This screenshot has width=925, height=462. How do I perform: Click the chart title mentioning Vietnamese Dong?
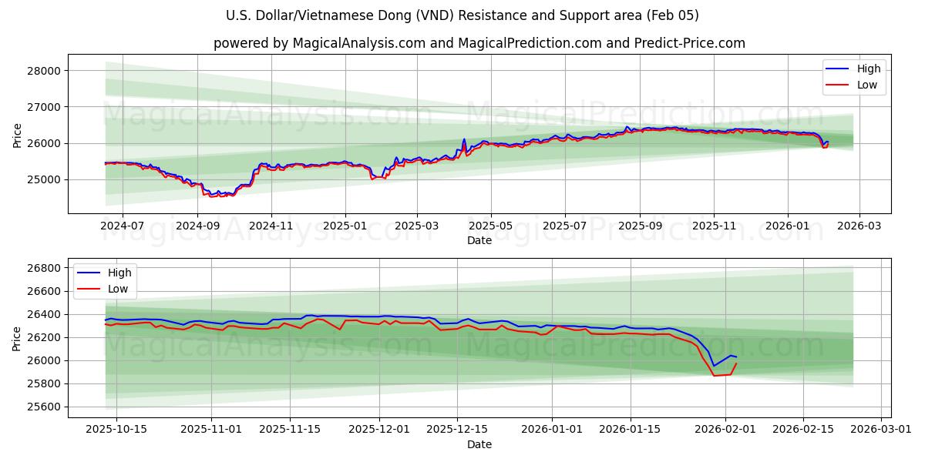[x=462, y=15]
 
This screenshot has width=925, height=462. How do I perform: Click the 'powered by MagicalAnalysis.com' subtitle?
[x=479, y=43]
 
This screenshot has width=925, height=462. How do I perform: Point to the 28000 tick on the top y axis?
[x=44, y=71]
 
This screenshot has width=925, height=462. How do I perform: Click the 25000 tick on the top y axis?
[x=44, y=179]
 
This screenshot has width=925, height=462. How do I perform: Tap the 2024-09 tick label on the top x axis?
[x=197, y=226]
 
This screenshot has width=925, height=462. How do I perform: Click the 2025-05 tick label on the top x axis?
[x=491, y=226]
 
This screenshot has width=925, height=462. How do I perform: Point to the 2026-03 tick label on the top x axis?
[x=859, y=226]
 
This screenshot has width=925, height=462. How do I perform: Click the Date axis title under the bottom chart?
[x=479, y=444]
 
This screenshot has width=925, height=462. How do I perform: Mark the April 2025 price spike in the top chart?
[x=464, y=140]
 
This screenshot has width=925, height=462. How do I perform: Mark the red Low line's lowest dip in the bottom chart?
[x=714, y=375]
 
